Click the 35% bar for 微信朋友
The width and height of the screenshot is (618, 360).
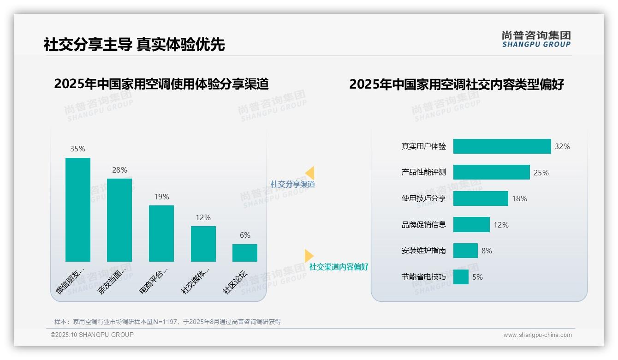point(78,210)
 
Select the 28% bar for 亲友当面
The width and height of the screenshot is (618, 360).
point(119,220)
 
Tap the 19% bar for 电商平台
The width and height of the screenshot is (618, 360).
point(161,234)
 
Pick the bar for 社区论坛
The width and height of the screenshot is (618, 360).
point(245,253)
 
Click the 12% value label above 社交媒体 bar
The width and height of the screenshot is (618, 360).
point(203,217)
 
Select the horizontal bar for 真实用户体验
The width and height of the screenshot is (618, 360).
point(502,146)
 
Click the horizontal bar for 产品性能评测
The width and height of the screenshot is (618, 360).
point(491,172)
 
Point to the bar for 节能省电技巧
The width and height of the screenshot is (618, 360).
point(461,277)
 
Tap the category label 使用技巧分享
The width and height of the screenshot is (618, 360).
point(424,198)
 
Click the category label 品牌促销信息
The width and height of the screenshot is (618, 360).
point(424,225)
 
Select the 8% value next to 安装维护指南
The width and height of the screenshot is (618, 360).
point(487,251)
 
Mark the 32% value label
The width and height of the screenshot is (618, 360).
point(562,146)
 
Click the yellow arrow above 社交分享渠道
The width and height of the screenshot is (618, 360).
point(310,173)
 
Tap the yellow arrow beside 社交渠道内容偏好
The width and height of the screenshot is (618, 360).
point(309,255)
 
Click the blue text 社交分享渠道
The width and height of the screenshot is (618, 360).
point(293,184)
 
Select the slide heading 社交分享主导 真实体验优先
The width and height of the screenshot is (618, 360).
point(134,44)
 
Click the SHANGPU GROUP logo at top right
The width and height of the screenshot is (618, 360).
point(536,39)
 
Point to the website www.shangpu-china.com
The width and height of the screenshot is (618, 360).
point(537,335)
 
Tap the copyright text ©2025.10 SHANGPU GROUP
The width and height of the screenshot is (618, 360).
point(92,335)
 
